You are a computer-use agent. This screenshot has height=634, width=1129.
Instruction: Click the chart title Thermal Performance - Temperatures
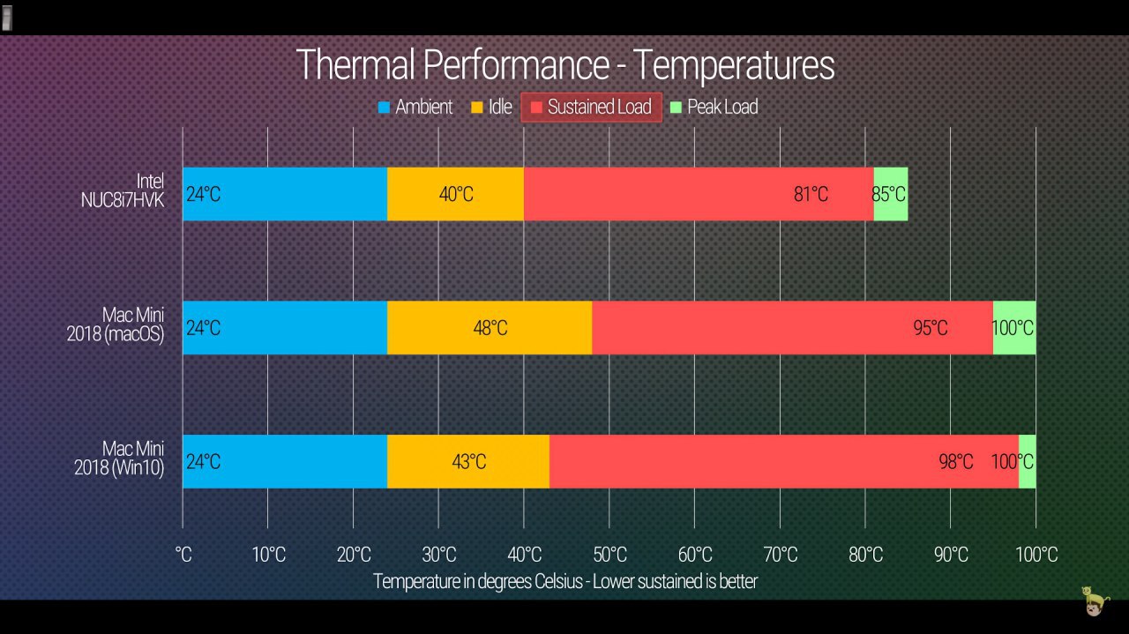pos(564,66)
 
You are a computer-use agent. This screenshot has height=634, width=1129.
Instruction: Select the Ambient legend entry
pos(415,108)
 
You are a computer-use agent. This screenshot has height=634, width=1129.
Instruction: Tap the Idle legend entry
pos(491,108)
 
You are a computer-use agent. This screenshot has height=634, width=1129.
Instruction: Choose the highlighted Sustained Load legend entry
pos(591,108)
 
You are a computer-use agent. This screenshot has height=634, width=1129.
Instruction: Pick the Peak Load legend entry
pos(714,108)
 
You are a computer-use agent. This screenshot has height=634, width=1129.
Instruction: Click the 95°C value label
pos(930,328)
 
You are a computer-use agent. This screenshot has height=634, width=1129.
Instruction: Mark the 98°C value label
pos(955,462)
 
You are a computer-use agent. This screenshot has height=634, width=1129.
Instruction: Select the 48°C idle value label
pos(490,328)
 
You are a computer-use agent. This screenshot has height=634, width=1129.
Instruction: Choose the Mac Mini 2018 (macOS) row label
pos(116,326)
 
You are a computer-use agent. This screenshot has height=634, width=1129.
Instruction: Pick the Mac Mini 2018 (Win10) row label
pos(119,459)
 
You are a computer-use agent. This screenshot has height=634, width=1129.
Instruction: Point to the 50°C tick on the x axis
pos(609,555)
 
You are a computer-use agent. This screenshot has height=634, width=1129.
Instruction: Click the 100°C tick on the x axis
pos(1036,555)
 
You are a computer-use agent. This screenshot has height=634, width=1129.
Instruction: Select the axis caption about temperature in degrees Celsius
pos(564,581)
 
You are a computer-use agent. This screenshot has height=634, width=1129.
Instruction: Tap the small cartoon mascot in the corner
pos(1094,601)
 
